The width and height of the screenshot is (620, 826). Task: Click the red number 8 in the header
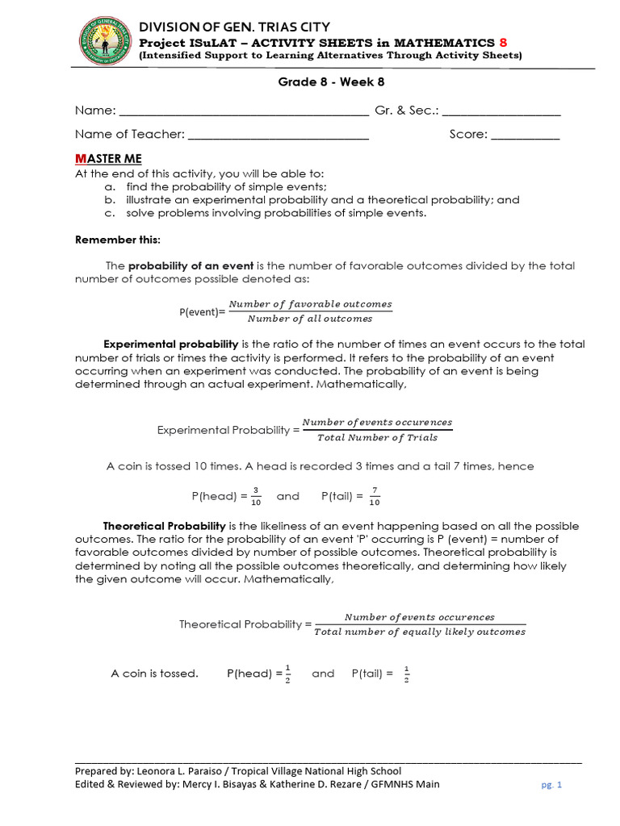[504, 42]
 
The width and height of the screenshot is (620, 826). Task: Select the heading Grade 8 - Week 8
[325, 82]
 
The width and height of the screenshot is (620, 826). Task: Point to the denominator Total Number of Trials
[377, 438]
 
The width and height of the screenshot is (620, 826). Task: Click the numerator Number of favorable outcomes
[310, 304]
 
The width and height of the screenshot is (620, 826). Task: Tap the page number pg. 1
[551, 785]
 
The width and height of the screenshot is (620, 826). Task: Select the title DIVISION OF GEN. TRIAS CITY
[235, 27]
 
